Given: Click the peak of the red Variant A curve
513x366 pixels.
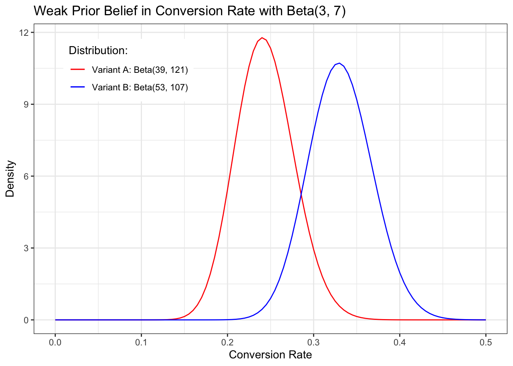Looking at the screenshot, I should click(x=262, y=38).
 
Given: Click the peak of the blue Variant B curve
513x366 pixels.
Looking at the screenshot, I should click(x=339, y=63).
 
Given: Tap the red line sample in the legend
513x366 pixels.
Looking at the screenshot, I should click(x=77, y=70).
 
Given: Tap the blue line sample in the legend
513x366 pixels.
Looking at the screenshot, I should click(x=77, y=87).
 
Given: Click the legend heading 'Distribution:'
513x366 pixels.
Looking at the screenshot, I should click(x=98, y=50).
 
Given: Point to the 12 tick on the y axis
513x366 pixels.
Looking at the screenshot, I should click(x=26, y=32).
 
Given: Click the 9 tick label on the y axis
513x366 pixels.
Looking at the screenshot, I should click(x=26, y=104).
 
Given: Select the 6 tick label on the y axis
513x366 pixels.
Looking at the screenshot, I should click(x=26, y=176).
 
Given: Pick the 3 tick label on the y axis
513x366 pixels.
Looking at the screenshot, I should click(x=26, y=248).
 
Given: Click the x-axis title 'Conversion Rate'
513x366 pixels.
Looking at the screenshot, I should click(x=270, y=355).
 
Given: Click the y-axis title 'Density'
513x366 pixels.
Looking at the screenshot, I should click(x=10, y=178).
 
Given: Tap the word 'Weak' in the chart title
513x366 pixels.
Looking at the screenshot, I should click(x=48, y=11).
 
